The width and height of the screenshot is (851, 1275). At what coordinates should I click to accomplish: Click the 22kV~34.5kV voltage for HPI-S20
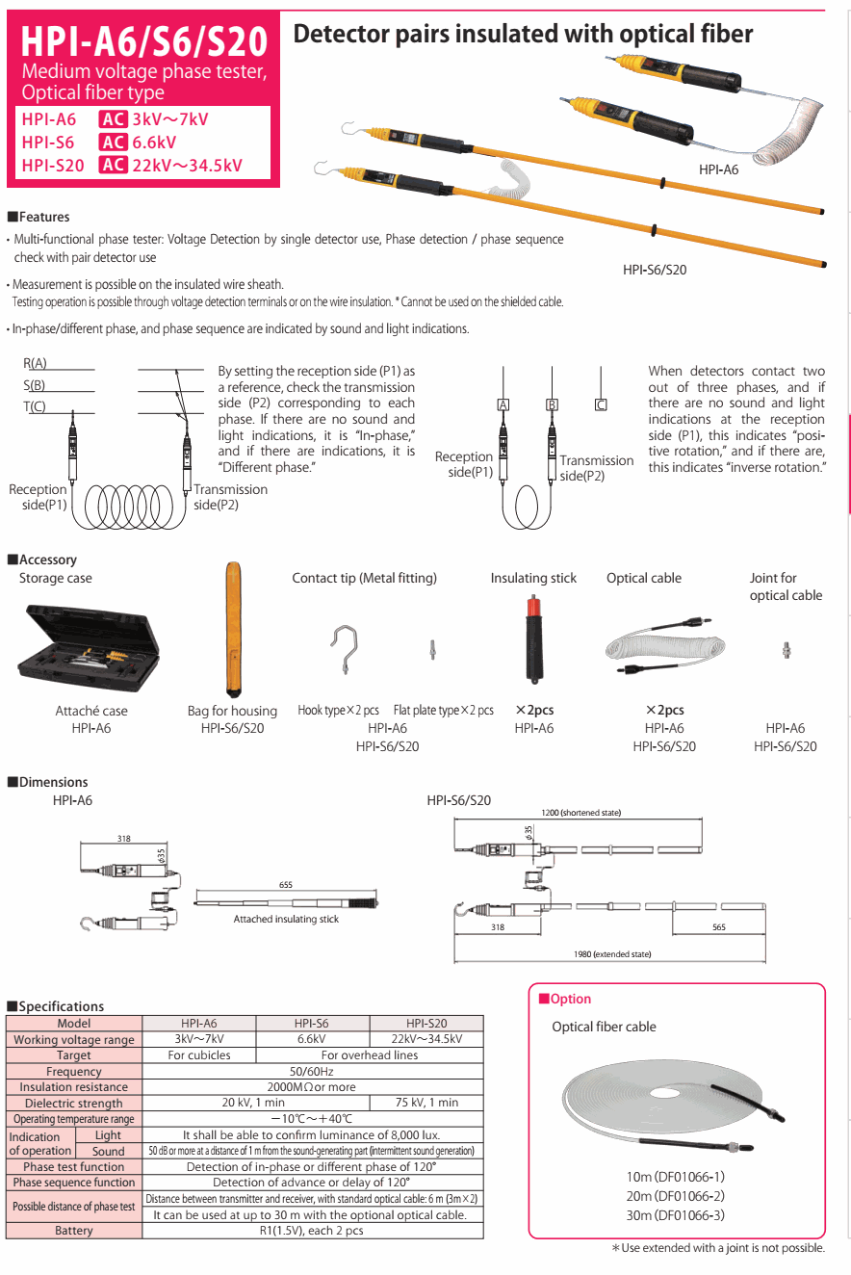point(187,165)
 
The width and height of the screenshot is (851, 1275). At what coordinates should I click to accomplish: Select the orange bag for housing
point(233,631)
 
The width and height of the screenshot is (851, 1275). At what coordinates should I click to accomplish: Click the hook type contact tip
point(345,650)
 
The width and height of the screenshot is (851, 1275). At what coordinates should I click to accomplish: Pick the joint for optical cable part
point(786,650)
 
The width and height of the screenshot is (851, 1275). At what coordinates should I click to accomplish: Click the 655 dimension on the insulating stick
point(286,885)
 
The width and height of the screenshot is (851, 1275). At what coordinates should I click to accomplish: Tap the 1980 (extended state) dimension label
point(612,953)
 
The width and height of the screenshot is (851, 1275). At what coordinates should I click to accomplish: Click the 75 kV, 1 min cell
point(426,1103)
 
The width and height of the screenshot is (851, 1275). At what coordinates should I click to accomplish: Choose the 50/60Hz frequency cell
point(313,1071)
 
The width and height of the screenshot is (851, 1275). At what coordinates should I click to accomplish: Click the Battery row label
point(74,1230)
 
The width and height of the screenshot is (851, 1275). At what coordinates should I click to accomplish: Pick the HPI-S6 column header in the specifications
point(313,1024)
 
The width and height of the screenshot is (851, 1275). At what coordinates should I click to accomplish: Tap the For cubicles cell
point(199,1054)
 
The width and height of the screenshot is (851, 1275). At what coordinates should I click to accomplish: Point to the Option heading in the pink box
point(570,1000)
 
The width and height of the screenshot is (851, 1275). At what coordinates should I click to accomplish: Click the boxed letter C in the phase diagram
point(601,404)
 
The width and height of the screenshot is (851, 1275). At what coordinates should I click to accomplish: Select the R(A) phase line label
point(35,363)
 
